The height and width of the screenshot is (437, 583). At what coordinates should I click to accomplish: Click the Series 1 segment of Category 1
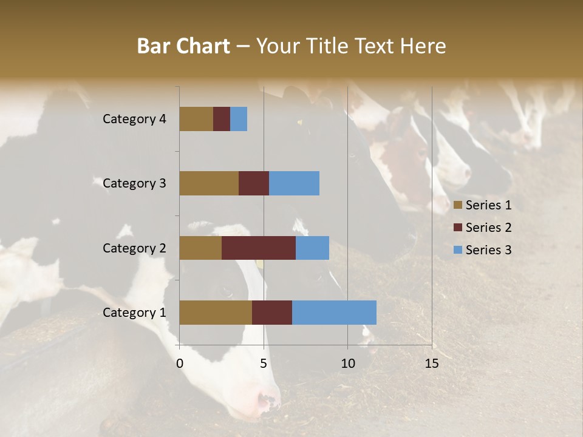pos(216,313)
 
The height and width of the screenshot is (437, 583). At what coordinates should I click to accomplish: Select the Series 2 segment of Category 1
pos(272,313)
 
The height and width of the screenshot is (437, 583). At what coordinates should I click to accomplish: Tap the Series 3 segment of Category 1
pos(334,313)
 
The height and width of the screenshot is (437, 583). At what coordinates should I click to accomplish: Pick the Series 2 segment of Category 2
pos(259,248)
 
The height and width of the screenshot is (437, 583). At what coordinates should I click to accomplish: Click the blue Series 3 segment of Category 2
pos(312,248)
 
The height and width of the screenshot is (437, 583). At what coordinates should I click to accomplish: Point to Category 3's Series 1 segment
pos(209,183)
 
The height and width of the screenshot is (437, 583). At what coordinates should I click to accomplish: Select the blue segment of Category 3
pos(294,183)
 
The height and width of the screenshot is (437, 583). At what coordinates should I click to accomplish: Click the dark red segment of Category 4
pos(222,119)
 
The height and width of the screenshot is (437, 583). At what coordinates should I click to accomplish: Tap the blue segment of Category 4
pos(239,119)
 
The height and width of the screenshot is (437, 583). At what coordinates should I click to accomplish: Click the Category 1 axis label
pos(134,313)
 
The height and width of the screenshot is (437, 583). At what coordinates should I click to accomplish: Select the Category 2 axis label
pos(134,248)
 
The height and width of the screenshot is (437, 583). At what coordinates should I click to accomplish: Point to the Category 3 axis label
pos(134,183)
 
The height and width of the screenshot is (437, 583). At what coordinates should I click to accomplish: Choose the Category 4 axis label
pos(134,119)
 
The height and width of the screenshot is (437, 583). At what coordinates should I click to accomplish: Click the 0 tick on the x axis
pos(180,364)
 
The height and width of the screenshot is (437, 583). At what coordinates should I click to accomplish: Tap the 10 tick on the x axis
pos(347,364)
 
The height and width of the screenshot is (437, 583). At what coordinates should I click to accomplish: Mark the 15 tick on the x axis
pos(432,364)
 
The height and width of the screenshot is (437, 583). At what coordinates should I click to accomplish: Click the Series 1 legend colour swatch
pos(458,205)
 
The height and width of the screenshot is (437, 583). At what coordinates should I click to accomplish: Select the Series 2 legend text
pos(488,228)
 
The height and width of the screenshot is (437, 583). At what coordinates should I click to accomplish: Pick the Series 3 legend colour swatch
pos(458,249)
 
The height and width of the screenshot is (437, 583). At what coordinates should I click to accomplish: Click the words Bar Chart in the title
pos(183,46)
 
